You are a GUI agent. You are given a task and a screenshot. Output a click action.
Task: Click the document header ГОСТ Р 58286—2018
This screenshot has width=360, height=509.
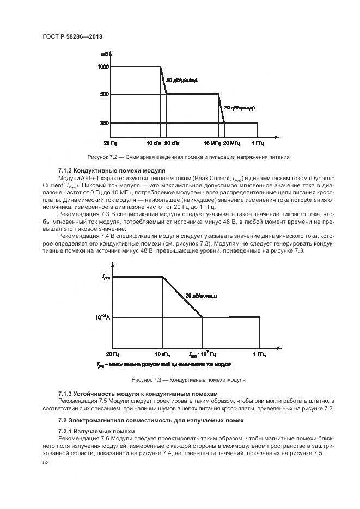(x=72, y=36)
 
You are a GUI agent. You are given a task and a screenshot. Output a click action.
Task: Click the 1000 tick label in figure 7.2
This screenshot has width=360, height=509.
(x=103, y=67)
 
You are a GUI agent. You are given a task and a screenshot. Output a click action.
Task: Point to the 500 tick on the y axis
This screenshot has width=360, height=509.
(x=105, y=94)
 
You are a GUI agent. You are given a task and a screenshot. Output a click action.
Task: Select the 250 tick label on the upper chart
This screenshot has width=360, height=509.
(x=105, y=123)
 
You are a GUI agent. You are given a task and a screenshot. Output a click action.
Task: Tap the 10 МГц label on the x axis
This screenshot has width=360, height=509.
(x=212, y=143)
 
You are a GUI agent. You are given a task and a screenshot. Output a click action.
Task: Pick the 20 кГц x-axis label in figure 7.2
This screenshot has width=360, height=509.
(x=172, y=143)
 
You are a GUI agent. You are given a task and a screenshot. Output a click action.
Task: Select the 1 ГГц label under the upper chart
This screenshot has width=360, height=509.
(x=258, y=143)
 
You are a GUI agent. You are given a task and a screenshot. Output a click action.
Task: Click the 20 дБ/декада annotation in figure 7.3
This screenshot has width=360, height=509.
(x=201, y=296)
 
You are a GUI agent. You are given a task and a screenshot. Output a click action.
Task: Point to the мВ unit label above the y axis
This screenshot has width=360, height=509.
(x=103, y=54)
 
